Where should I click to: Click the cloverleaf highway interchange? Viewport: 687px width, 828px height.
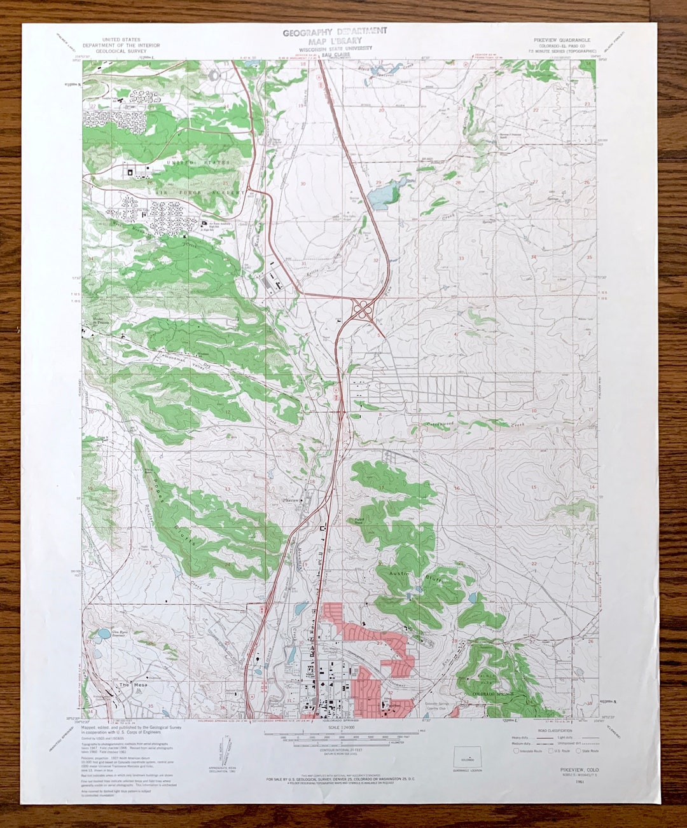click(x=363, y=310)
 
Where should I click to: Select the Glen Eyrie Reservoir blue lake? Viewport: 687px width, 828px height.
click(x=102, y=635)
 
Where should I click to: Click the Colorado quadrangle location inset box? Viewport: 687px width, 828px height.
click(x=468, y=758)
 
